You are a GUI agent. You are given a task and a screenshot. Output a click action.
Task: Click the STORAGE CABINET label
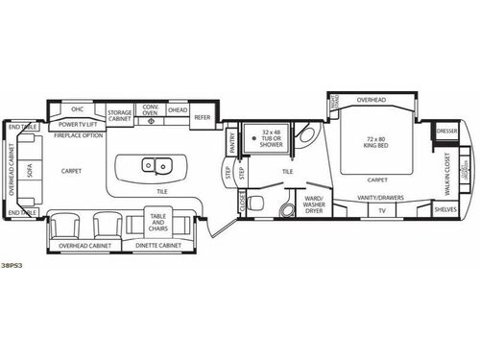tap(120, 115)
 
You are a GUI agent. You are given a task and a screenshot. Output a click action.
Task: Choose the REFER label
tap(202, 117)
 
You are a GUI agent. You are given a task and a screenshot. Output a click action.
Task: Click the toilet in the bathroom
tap(284, 208)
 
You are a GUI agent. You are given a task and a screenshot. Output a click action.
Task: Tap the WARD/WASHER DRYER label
tap(314, 204)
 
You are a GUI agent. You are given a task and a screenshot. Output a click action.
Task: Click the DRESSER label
tap(445, 131)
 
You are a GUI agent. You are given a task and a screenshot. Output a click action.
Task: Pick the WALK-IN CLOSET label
tap(446, 170)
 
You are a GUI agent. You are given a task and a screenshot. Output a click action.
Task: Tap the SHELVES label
tap(444, 210)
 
